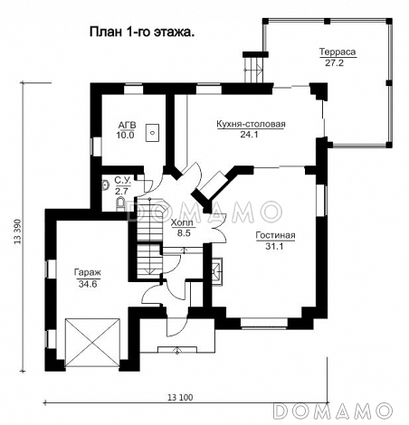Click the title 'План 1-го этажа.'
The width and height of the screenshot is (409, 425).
(x=142, y=33)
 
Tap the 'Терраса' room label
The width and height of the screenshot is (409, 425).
(x=338, y=52)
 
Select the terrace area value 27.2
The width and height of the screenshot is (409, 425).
(x=334, y=62)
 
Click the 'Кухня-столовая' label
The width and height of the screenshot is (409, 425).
(x=251, y=124)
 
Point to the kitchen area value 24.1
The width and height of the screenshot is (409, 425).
(x=249, y=135)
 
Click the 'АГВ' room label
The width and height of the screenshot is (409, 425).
(x=127, y=125)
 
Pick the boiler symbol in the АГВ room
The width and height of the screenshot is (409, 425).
(x=153, y=132)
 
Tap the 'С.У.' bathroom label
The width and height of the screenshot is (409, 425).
(x=123, y=181)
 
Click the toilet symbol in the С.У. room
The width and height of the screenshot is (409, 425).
(x=120, y=203)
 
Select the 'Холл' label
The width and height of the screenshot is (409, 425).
(x=183, y=222)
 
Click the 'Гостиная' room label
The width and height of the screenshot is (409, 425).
(x=275, y=235)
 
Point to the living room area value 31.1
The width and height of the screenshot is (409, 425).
(x=274, y=246)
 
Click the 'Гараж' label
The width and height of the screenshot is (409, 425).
(x=88, y=272)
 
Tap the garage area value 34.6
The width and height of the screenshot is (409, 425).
(x=88, y=284)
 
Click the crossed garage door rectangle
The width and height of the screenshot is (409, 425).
(x=92, y=343)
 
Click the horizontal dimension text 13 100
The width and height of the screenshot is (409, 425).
(x=180, y=398)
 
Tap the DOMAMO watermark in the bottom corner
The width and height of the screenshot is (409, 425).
(x=334, y=411)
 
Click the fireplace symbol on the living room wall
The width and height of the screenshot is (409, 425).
(x=217, y=272)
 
